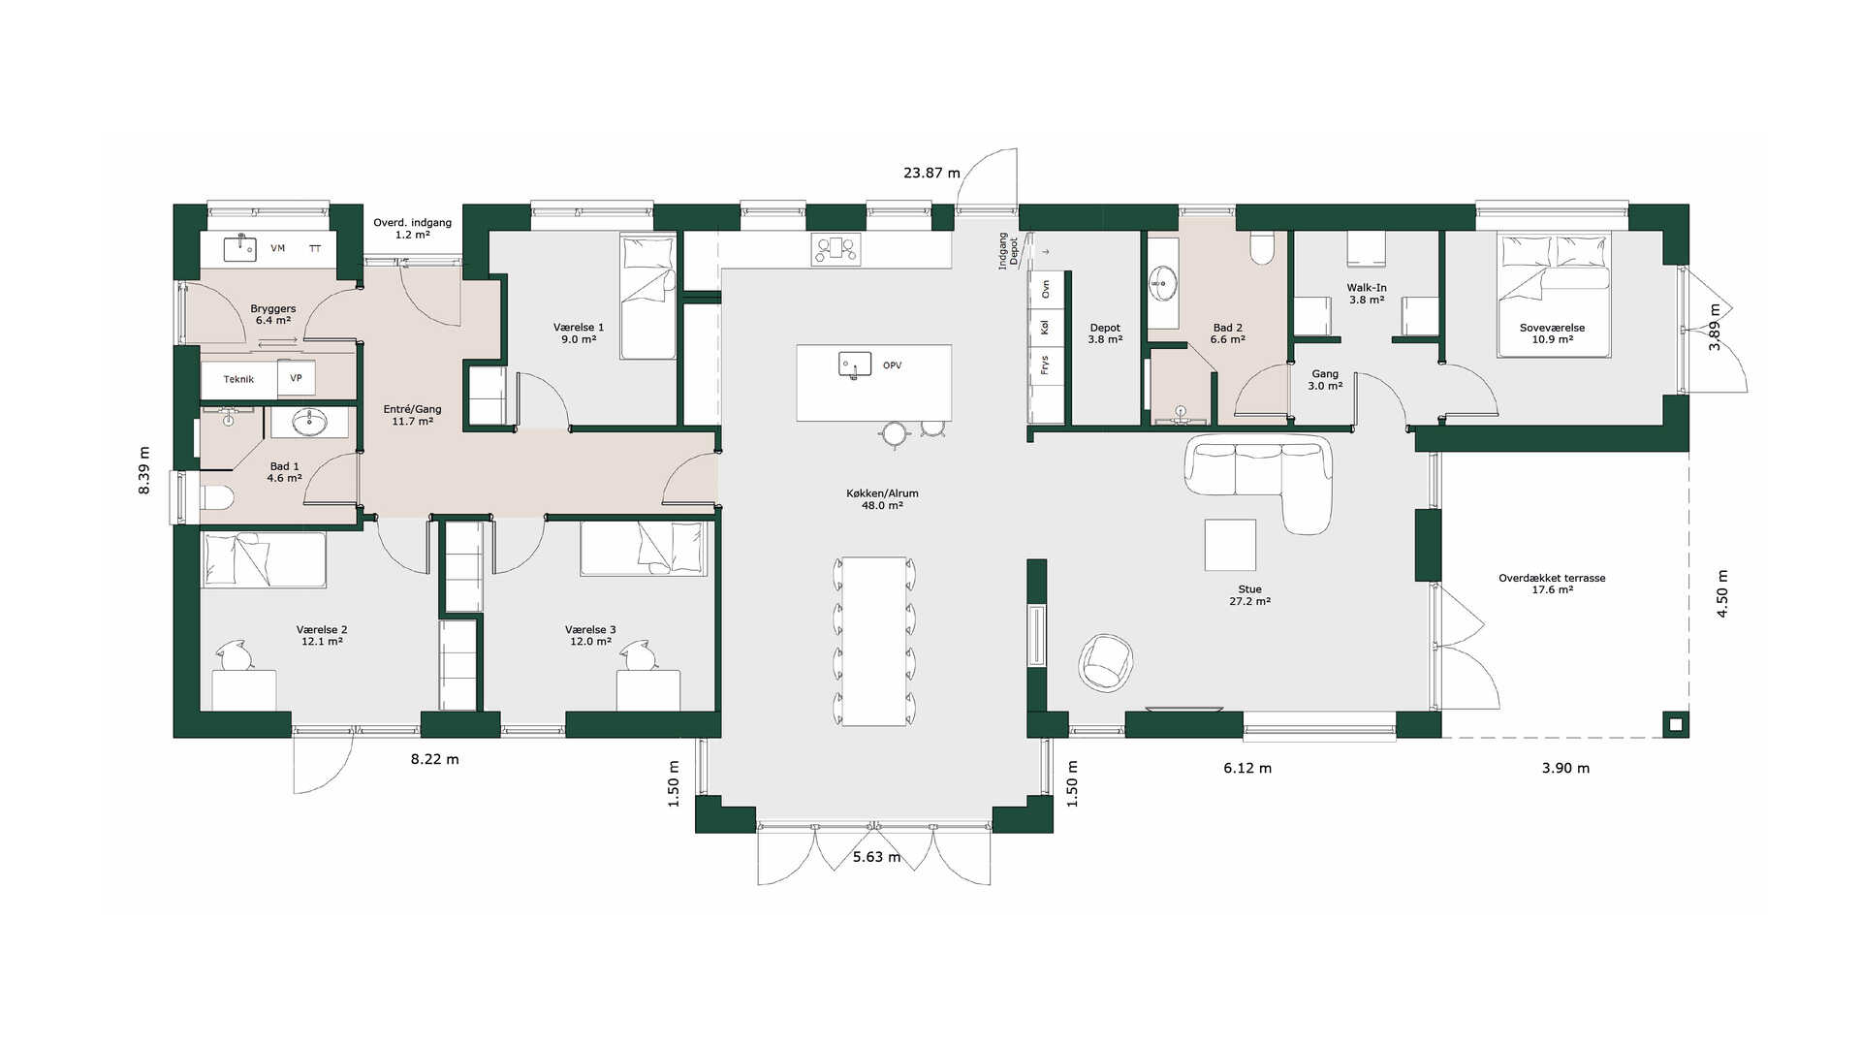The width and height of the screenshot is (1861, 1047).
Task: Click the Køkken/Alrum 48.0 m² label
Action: [x=882, y=499]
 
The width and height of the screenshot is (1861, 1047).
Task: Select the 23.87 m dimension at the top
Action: [x=931, y=174]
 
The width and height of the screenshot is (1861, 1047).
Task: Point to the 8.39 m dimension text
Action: [x=144, y=470]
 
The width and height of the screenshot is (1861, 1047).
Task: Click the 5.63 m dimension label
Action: [x=876, y=857]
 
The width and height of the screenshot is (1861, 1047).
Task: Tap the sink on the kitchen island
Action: [x=854, y=365]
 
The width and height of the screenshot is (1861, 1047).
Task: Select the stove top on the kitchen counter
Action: [x=836, y=249]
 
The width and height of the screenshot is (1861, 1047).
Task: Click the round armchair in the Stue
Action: [x=1106, y=662]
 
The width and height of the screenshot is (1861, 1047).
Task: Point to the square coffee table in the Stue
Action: [x=1230, y=545]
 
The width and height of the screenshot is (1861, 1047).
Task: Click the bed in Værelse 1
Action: [x=648, y=297]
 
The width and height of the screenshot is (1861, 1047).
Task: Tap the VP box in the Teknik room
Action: [x=297, y=378]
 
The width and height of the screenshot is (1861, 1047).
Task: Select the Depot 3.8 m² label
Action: [x=1105, y=333]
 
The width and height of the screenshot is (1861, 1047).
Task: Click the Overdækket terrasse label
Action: [x=1552, y=584]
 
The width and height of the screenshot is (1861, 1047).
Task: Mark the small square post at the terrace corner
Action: [x=1676, y=724]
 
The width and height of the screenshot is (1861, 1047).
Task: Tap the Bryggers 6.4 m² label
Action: [x=273, y=314]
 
